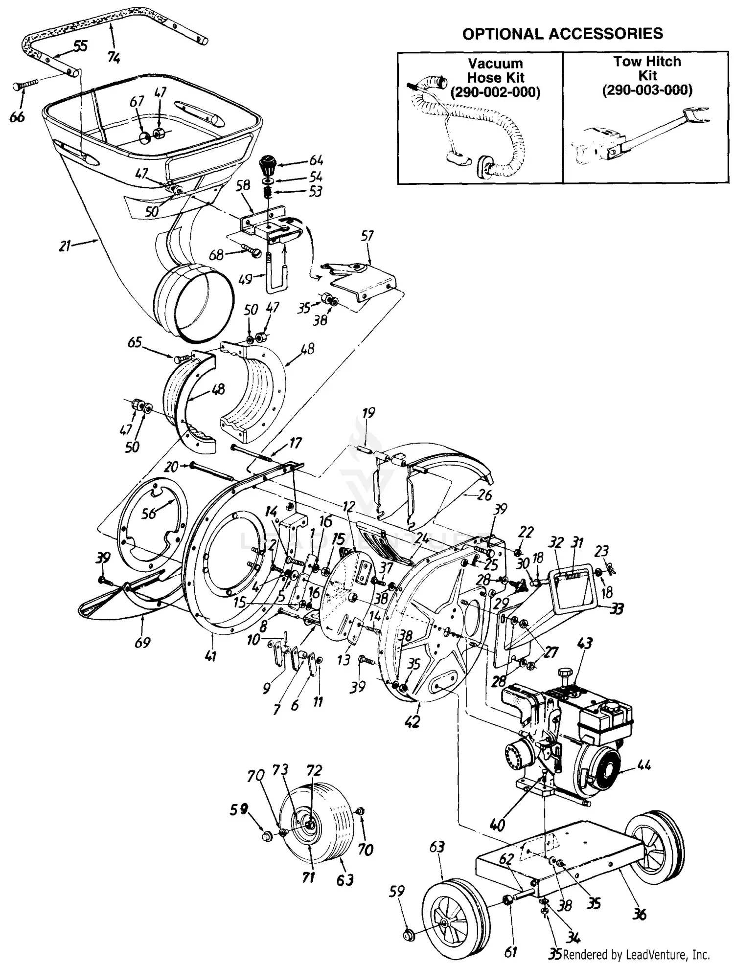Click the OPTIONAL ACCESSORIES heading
pos(562,34)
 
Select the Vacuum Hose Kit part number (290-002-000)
pos(495,92)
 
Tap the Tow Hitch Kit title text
pos(647,68)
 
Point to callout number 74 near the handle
pos(114,58)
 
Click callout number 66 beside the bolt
pos(17,117)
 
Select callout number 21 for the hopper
pos(65,246)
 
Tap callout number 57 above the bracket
pos(367,236)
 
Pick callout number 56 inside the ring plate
pos(149,512)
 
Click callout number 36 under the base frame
pos(639,913)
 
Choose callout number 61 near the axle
pos(510,951)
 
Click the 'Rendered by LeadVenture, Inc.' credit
pos(636,954)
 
